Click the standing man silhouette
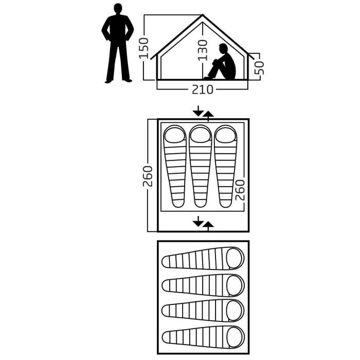[x=118, y=44]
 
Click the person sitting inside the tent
[x=224, y=63]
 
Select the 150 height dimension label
[x=144, y=47]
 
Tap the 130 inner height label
[x=203, y=50]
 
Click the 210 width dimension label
[x=203, y=89]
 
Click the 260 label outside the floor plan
[x=148, y=176]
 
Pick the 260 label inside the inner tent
[x=240, y=190]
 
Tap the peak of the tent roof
[x=202, y=16]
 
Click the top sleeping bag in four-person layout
[x=203, y=258]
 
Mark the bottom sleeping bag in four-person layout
[x=203, y=337]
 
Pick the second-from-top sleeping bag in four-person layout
[x=203, y=284]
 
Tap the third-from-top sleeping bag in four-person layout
[x=203, y=311]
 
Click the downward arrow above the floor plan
[x=198, y=111]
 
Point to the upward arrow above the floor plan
[x=208, y=115]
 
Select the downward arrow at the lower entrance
[x=198, y=221]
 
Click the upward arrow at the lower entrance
[x=208, y=225]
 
